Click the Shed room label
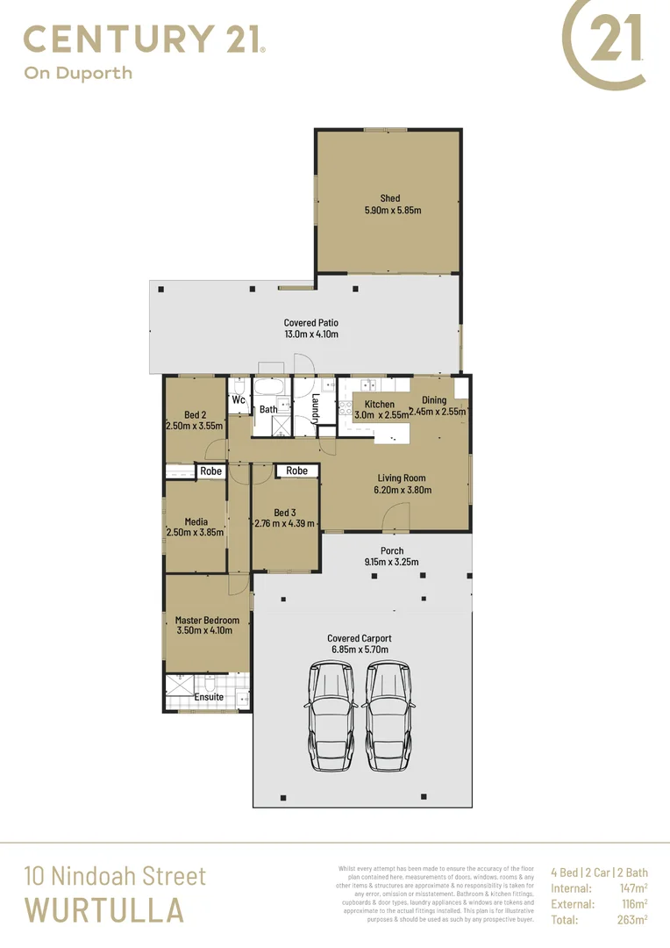(x=389, y=198)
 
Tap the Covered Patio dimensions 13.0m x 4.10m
(x=310, y=334)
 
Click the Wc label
(x=239, y=399)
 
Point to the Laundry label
(x=315, y=407)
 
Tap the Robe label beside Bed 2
(x=210, y=471)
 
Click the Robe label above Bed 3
(x=297, y=471)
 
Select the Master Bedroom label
(x=207, y=621)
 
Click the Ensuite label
(x=209, y=698)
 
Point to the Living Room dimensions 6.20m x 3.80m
(x=402, y=491)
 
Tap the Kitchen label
(x=380, y=404)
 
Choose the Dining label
(x=434, y=400)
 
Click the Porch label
(x=392, y=551)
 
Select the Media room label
(x=196, y=521)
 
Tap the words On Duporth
(x=78, y=73)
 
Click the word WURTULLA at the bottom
(x=103, y=910)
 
